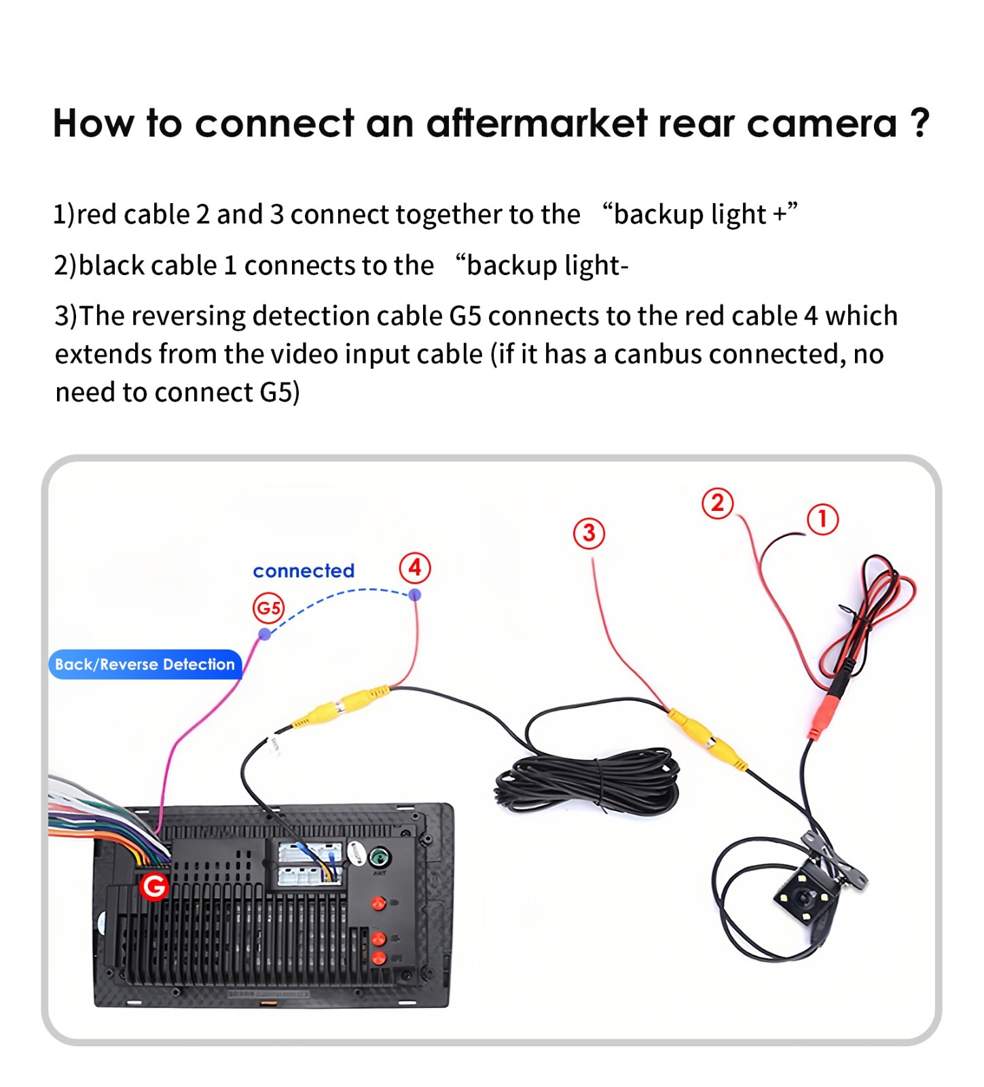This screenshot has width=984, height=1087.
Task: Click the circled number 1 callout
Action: pos(822,519)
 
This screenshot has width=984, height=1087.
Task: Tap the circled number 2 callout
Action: pos(717,503)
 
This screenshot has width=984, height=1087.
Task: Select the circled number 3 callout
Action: pos(589,533)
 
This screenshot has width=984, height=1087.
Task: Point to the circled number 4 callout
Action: pos(414,567)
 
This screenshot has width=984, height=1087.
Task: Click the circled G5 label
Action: pos(268,607)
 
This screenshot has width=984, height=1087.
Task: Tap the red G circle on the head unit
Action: pos(154,886)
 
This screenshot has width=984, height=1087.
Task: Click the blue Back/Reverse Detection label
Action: pos(145,664)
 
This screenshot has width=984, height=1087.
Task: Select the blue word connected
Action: pos(304,571)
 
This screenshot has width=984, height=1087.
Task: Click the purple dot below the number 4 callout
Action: pos(415,595)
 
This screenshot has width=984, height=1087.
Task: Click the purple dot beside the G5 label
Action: pos(265,634)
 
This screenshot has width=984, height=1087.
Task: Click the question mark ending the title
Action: pos(919,124)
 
